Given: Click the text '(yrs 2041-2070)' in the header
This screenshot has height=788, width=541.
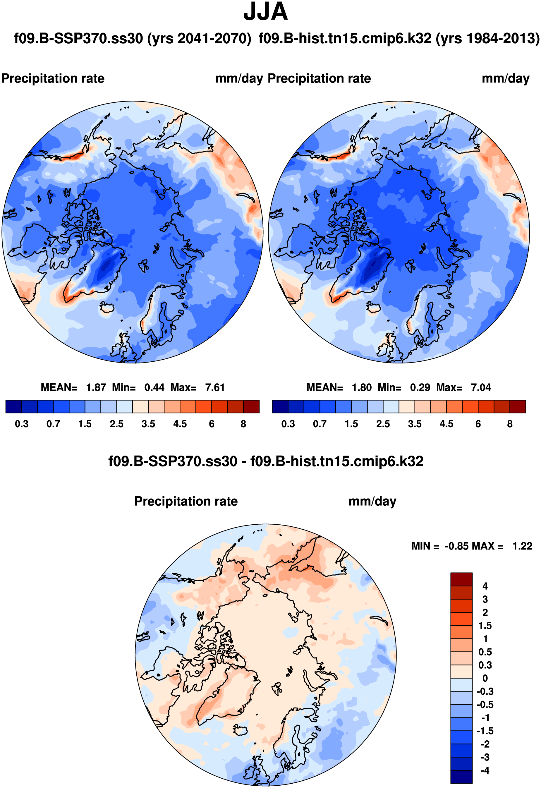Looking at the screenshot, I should coord(199,39).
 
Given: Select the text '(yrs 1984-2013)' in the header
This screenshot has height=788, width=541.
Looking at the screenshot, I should coord(487,39).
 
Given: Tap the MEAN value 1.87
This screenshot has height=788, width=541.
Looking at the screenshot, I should coord(96,387).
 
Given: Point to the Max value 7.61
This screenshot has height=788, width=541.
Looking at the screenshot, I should coord(215,387).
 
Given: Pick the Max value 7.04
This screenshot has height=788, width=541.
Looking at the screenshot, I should coord(481,387).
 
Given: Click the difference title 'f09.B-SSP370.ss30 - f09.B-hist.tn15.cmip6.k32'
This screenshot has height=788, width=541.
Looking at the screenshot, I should coord(266,461).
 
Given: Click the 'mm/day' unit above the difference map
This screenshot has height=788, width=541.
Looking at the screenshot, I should coord(372,501).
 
